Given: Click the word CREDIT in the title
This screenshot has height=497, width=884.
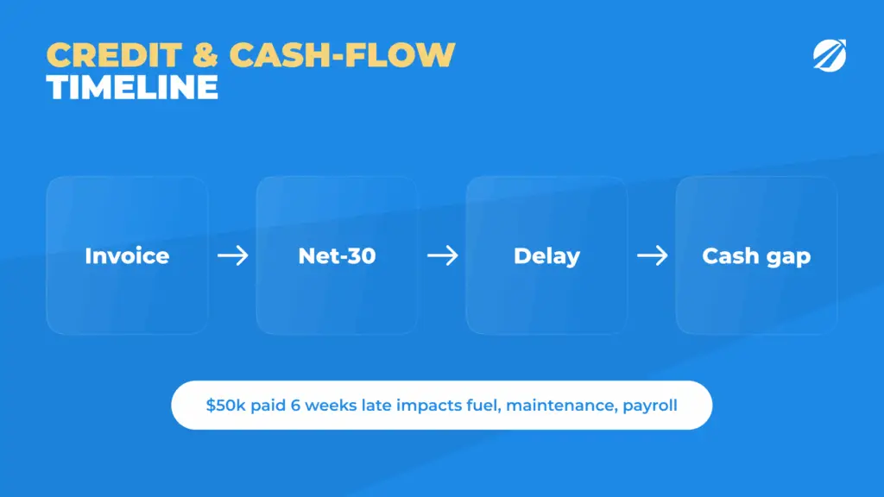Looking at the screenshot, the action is tap(114, 55).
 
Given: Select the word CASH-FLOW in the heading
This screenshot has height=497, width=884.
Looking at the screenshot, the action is tap(342, 55).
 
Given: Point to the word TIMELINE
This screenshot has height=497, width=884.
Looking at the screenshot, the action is tap(132, 87).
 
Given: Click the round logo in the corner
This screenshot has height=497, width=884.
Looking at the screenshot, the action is tap(830, 55).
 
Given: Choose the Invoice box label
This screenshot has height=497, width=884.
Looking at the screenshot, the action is tap(127, 255).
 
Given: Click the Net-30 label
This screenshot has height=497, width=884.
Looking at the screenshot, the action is tap(337, 255).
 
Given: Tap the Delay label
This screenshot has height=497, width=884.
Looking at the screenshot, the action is tap(546, 256).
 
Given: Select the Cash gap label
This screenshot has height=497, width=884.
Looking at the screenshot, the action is tap(756, 256).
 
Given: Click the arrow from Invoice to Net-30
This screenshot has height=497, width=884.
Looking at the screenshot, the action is tap(233, 255).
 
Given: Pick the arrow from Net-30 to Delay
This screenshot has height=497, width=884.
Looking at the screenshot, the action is tap(443, 255).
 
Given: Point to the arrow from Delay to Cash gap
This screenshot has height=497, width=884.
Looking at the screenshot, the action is tap(653, 255).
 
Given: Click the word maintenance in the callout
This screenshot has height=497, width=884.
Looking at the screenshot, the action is tap(561, 406).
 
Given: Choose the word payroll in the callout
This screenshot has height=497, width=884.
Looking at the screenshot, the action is tap(650, 406).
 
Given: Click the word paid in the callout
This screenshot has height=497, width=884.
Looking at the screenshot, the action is tap(268, 406).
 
